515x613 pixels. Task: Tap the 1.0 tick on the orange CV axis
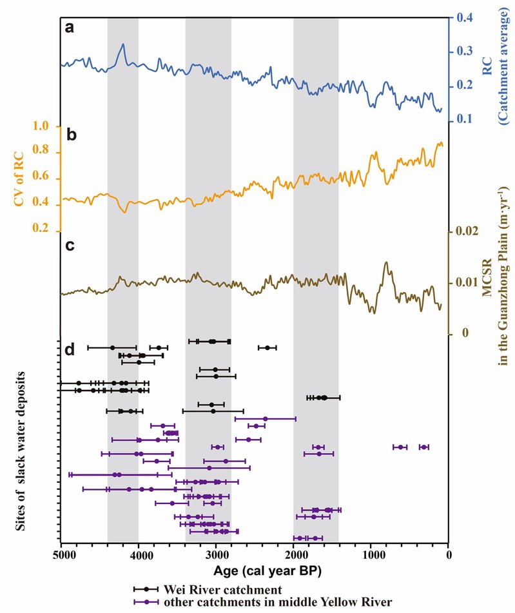[x=41, y=128]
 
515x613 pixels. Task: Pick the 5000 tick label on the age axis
[x=62, y=553]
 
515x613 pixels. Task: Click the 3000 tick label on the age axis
[x=217, y=553]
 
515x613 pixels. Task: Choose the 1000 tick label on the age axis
[x=372, y=553]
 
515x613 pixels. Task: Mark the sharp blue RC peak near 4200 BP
[x=122, y=44]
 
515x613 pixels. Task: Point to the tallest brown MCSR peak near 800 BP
[x=386, y=262]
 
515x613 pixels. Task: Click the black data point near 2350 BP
[x=267, y=347]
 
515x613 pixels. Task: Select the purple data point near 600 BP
[x=401, y=447]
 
